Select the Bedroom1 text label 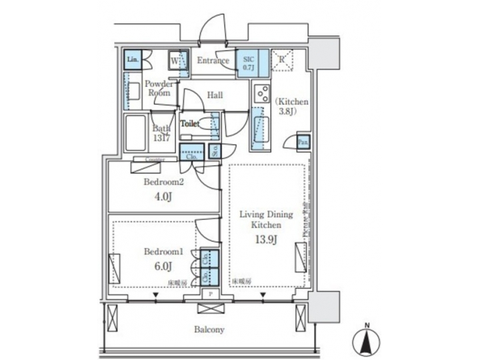click(x=163, y=252)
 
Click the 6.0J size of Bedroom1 click(x=163, y=267)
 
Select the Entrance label click(x=213, y=61)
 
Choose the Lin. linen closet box click(x=132, y=59)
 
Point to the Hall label click(x=215, y=95)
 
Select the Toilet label click(x=191, y=124)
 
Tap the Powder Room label click(x=159, y=88)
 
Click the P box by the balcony click(x=211, y=294)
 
